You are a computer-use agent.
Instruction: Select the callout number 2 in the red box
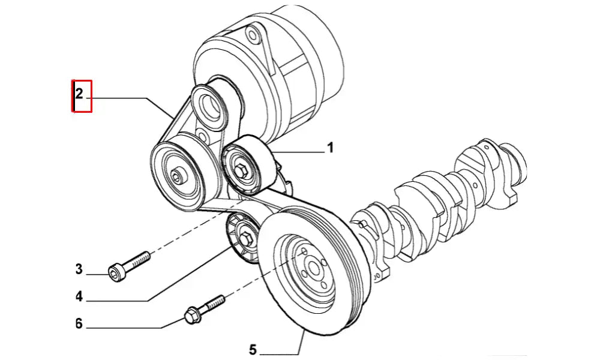pyautogui.click(x=79, y=94)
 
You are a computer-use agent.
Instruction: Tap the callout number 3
pyautogui.click(x=79, y=269)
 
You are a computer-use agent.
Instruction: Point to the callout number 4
pyautogui.click(x=79, y=296)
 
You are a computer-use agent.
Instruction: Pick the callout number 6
pyautogui.click(x=79, y=324)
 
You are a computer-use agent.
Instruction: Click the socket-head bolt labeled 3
pyautogui.click(x=129, y=264)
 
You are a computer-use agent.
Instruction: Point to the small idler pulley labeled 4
pyautogui.click(x=243, y=239)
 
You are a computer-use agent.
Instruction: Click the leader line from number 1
pyautogui.click(x=300, y=152)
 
